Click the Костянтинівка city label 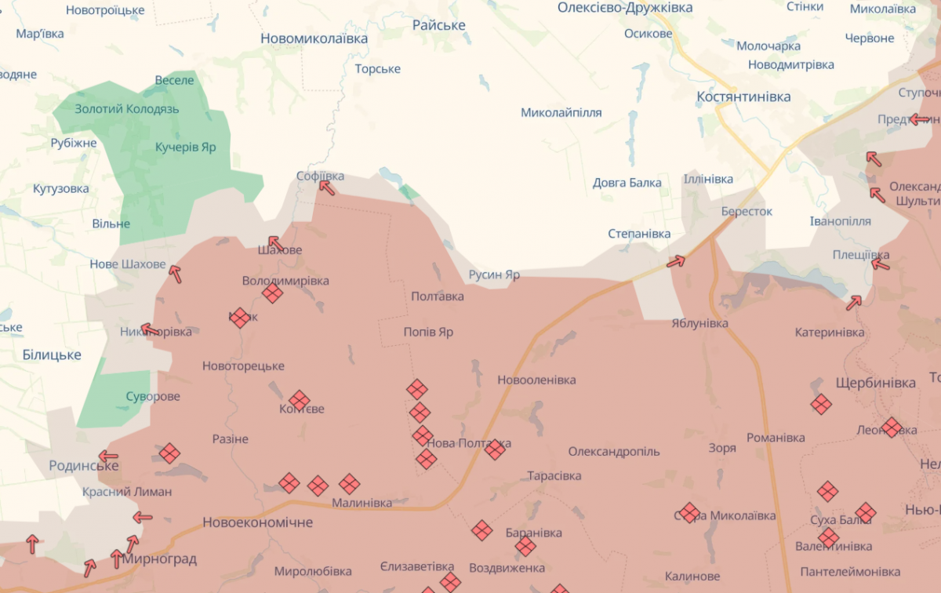click(x=743, y=96)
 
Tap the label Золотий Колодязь click(x=127, y=109)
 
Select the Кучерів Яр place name click(x=185, y=147)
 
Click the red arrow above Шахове click(x=275, y=243)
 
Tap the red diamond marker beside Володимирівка click(x=272, y=293)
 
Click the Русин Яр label click(x=494, y=275)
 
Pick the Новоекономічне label click(x=257, y=522)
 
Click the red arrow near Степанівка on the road click(x=675, y=261)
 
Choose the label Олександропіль click(x=614, y=452)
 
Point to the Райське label click(x=439, y=25)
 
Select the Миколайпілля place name click(x=561, y=113)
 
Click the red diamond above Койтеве click(x=299, y=400)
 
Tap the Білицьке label click(x=52, y=355)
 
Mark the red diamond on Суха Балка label click(x=865, y=512)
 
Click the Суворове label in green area click(x=153, y=397)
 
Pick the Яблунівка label click(x=699, y=323)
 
